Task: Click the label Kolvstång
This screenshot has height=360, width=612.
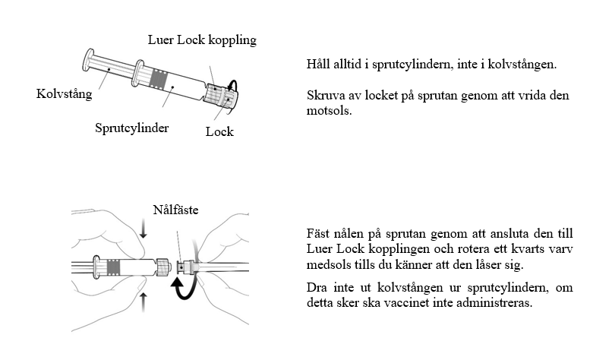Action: click(64, 95)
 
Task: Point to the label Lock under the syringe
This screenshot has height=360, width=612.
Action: click(219, 131)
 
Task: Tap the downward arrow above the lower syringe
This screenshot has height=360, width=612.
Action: click(144, 232)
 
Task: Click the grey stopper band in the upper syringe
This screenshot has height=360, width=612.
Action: click(161, 77)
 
